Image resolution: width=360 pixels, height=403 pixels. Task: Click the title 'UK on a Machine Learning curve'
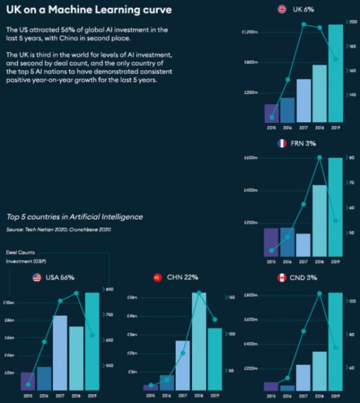[88, 10]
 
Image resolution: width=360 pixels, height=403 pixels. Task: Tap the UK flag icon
[281, 9]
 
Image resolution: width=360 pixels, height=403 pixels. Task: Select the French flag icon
[281, 144]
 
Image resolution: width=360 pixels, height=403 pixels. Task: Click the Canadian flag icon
[281, 277]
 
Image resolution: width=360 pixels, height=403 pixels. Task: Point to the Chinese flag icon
[158, 277]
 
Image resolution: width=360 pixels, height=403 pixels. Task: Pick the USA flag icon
[36, 277]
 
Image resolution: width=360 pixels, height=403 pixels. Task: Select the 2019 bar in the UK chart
[335, 73]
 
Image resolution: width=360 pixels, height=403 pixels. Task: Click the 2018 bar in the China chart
[199, 341]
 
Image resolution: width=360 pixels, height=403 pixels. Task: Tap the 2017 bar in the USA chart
[60, 353]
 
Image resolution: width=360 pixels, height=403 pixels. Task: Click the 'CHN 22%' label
[183, 277]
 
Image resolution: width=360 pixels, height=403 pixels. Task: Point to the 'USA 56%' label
[62, 277]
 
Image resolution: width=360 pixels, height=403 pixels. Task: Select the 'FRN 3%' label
[304, 144]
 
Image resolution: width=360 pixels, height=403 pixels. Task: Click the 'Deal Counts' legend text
[18, 252]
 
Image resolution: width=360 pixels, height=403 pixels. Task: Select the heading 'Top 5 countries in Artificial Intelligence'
[74, 217]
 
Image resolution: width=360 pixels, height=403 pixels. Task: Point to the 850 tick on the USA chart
[110, 289]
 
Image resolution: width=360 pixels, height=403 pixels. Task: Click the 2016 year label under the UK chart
[287, 128]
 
